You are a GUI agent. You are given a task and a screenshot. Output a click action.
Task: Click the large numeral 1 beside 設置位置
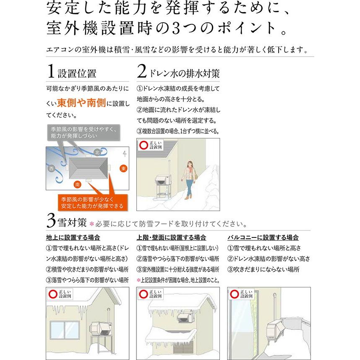click(x=50, y=72)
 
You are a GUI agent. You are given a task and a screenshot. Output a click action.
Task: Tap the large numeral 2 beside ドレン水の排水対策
click(x=142, y=72)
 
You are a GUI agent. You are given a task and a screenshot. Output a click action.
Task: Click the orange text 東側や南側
click(x=81, y=103)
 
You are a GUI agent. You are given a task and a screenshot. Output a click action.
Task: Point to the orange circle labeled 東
click(x=123, y=168)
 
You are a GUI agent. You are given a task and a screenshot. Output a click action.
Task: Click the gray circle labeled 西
click(x=52, y=169)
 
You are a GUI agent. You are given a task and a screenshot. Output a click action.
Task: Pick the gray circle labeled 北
click(x=97, y=152)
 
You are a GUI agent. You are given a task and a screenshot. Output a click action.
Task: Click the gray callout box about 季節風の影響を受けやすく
click(x=82, y=133)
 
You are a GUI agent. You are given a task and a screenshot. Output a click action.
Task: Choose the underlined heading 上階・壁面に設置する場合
click(x=171, y=237)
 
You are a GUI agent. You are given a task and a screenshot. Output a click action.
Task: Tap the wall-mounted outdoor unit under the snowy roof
click(x=185, y=318)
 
